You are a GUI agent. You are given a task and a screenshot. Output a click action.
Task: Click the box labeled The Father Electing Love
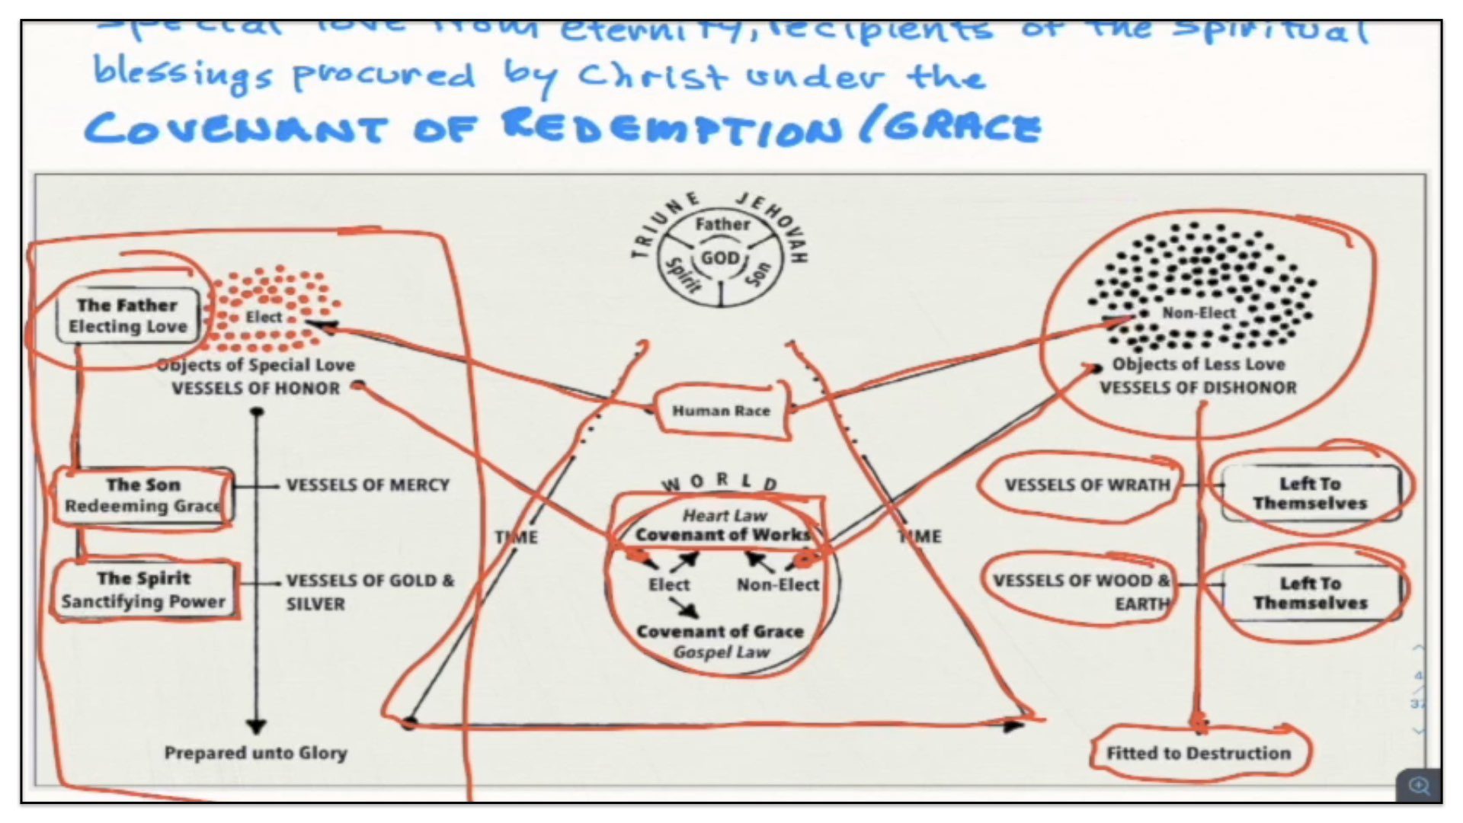coord(127,315)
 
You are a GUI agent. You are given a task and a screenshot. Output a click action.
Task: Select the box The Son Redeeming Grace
coord(142,495)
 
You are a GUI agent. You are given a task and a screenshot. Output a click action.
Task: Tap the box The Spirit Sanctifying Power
coord(143,590)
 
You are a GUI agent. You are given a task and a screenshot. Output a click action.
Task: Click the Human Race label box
coord(721,411)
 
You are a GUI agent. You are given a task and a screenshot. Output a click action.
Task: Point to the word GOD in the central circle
coord(720,258)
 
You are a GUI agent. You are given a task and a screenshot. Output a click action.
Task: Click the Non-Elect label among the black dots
coord(1199,312)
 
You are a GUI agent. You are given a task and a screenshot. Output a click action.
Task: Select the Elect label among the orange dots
coord(264,316)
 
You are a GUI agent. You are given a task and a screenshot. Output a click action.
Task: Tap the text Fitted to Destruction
coord(1199,753)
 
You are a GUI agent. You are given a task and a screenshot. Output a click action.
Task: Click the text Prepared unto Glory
coord(256,753)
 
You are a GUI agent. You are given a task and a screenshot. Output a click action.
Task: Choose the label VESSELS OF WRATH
coord(1087,485)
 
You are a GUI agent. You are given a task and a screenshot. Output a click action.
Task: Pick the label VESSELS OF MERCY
coord(367,485)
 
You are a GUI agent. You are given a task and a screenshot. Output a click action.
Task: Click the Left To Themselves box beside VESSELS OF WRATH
coord(1310,494)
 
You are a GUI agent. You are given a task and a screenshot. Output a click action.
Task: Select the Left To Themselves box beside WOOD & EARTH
coord(1310,593)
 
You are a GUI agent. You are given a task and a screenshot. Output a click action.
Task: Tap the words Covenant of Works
coord(722,535)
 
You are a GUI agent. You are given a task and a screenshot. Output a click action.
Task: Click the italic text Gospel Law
coord(721,652)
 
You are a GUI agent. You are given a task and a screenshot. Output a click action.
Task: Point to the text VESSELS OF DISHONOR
coord(1198,387)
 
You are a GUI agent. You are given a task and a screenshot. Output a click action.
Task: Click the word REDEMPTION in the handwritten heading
coord(671,126)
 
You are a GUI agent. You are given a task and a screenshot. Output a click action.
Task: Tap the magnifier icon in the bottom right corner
coord(1419,785)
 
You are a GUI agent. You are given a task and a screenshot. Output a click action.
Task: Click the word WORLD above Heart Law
coord(719,482)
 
